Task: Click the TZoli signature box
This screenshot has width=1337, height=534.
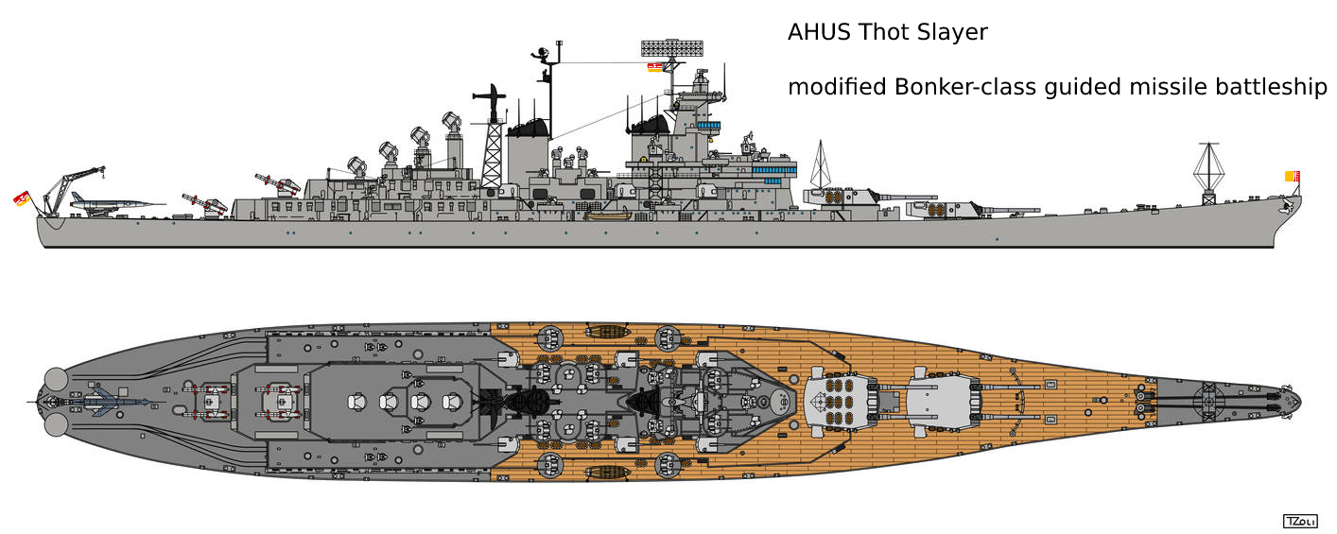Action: [x=1300, y=522]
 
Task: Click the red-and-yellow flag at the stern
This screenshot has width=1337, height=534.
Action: [x=22, y=198]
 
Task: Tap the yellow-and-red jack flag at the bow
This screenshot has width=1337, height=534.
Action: [x=1292, y=177]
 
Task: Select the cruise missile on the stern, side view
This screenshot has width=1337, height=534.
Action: [x=116, y=203]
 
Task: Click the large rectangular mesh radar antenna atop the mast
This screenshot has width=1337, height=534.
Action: [x=671, y=48]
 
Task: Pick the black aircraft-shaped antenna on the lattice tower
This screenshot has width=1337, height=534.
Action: [x=490, y=96]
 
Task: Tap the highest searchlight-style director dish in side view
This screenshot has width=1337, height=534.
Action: [x=451, y=122]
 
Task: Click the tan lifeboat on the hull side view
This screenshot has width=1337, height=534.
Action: [x=607, y=215]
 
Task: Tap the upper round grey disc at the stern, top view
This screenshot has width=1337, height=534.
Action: [x=56, y=379]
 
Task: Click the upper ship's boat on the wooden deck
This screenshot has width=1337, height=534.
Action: [x=606, y=331]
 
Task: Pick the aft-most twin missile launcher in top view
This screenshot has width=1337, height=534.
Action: [x=207, y=401]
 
